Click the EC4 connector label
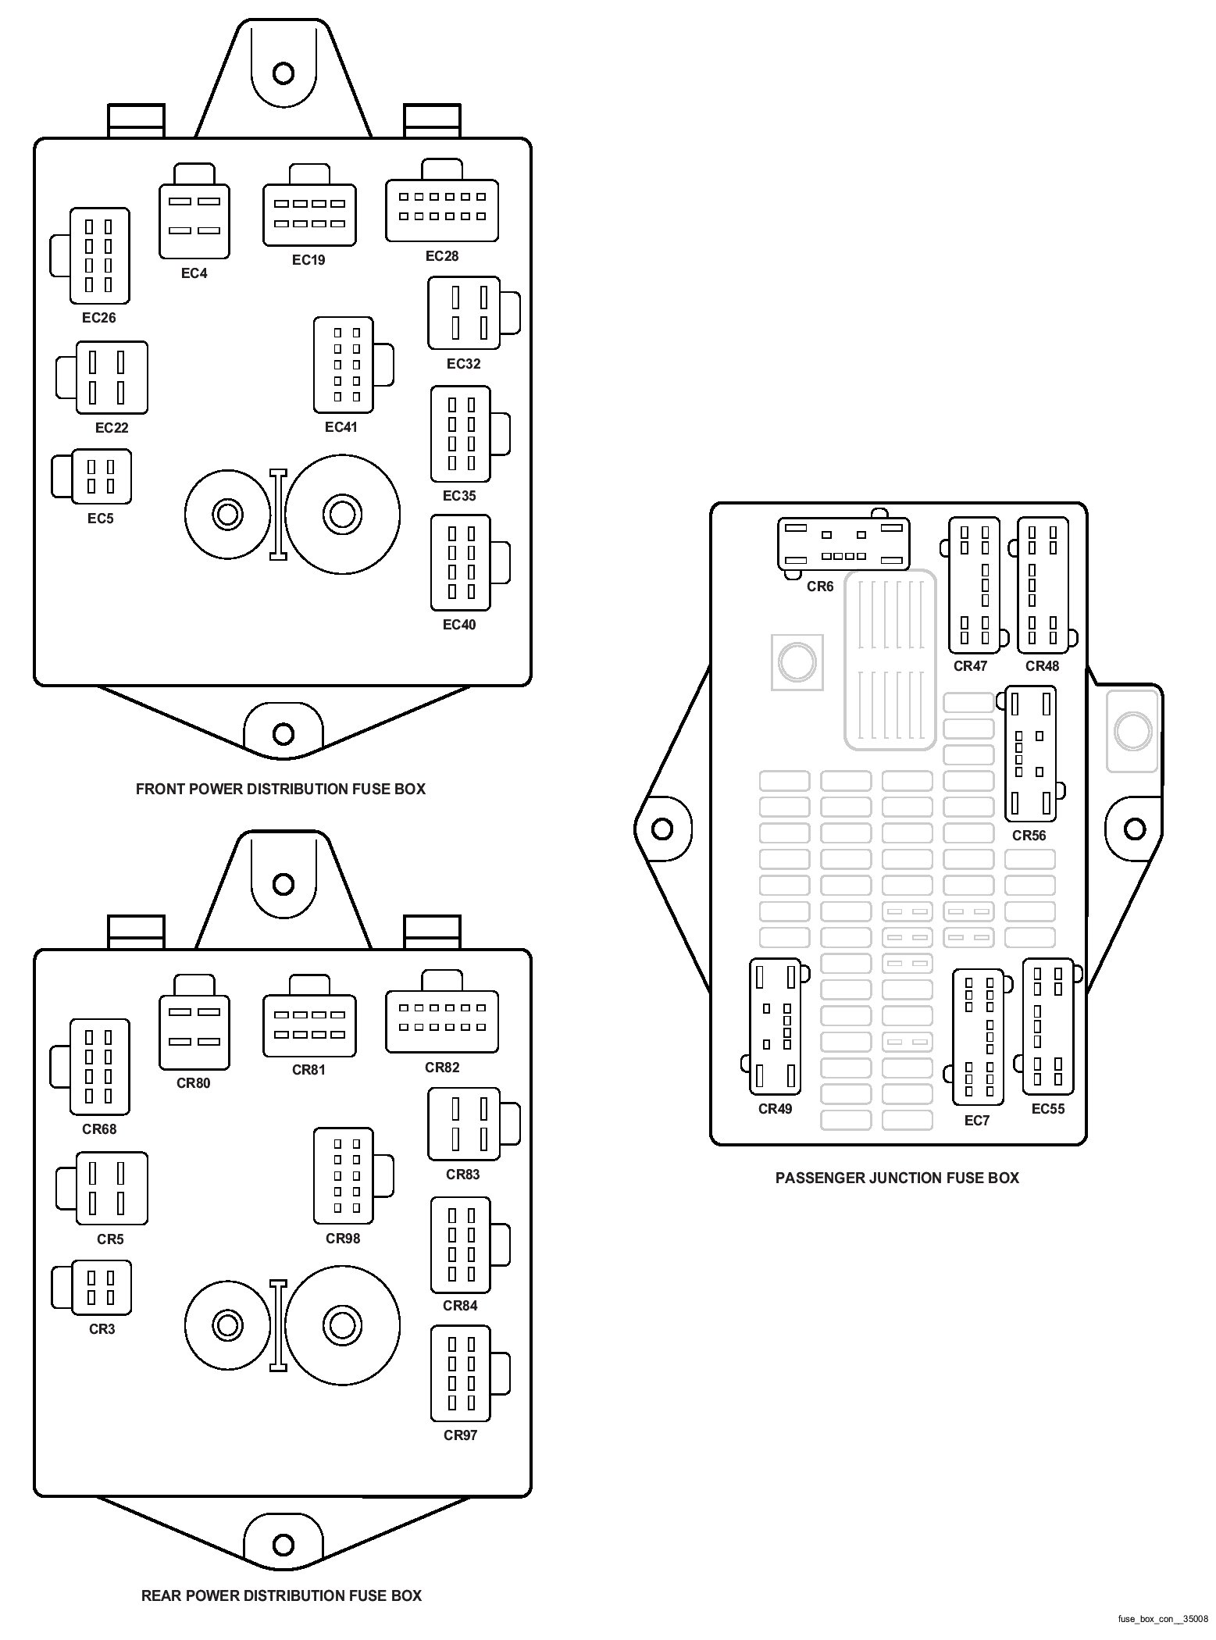tap(194, 273)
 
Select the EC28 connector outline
tap(441, 210)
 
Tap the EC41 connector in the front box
tap(344, 365)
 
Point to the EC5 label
tap(101, 519)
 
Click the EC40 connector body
tap(461, 562)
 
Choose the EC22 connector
tap(111, 377)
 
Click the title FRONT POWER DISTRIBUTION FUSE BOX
tap(280, 789)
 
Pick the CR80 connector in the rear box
tap(194, 1031)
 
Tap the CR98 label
tap(343, 1239)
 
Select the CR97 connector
tap(461, 1373)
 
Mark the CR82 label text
tap(442, 1068)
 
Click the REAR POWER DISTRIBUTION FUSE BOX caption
tap(281, 1595)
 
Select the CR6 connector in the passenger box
tap(843, 544)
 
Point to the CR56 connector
tap(1030, 754)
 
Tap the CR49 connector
tap(776, 1026)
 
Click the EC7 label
tap(976, 1121)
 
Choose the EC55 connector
tap(1048, 1026)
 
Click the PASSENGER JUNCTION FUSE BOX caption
tap(897, 1178)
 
